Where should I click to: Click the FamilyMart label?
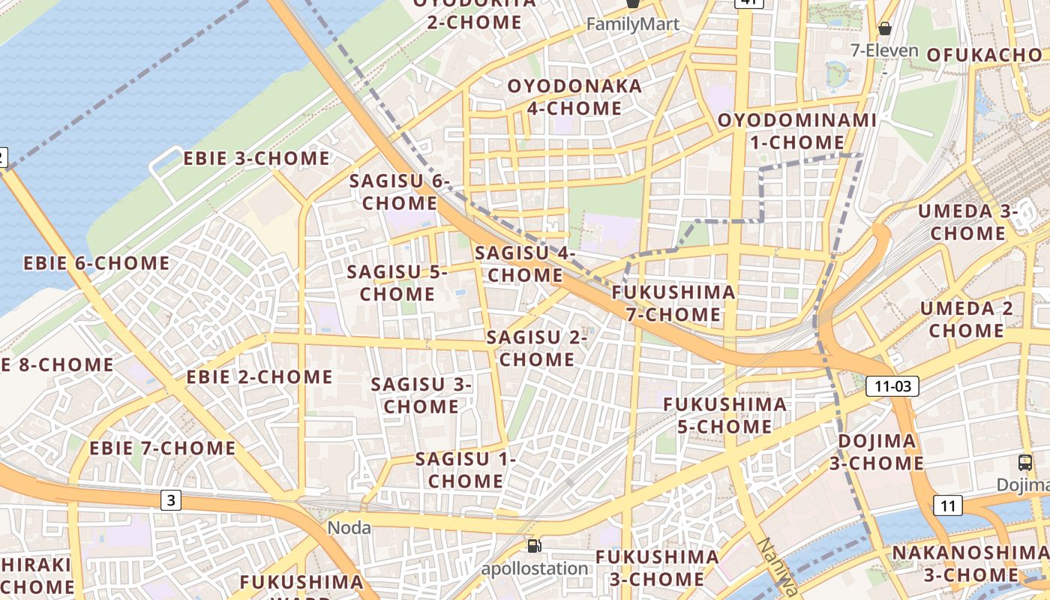632,24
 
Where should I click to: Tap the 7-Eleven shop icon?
885,29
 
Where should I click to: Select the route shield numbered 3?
172,499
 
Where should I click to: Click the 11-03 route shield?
892,386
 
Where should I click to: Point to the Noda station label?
349,528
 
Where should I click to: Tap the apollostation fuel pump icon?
533,546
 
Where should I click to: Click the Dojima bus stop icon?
1025,462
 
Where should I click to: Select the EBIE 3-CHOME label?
256,158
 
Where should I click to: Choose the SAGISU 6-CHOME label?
400,192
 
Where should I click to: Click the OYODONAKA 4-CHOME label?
574,97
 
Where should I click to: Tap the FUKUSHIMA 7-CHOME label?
673,303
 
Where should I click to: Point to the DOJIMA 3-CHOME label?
876,451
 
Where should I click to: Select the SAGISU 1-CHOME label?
466,469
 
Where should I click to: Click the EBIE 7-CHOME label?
163,448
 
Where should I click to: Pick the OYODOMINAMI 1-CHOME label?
797,131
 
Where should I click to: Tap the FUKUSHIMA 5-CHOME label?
725,415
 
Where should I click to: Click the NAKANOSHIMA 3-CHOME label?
970,564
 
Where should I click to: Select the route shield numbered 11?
948,505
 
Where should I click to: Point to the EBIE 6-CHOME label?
97,263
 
